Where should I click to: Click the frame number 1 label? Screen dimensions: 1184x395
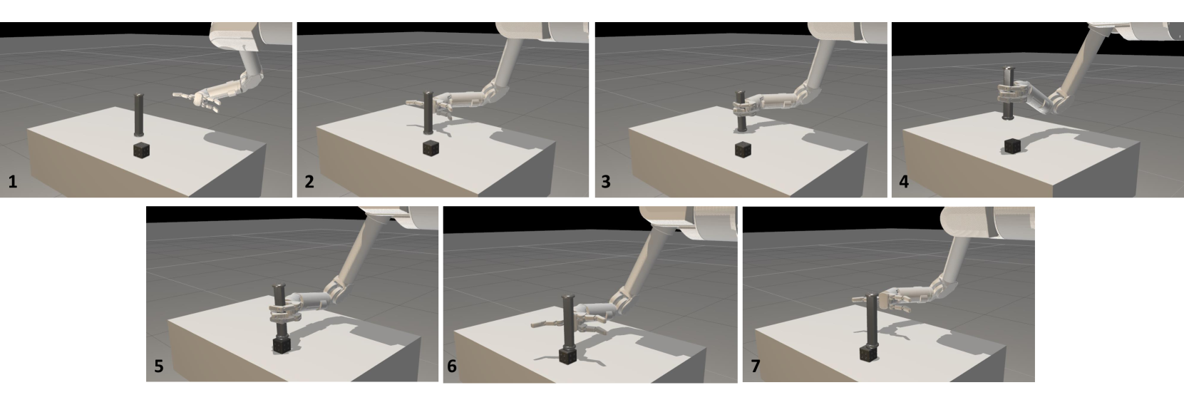click(13, 182)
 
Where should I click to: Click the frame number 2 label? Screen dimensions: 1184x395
click(309, 182)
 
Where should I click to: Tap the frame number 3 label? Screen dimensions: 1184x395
click(606, 182)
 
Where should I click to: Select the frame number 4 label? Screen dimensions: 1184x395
click(904, 182)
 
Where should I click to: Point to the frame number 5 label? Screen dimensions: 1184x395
click(158, 366)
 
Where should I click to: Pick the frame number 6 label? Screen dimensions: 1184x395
click(452, 366)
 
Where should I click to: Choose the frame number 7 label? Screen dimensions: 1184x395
click(756, 366)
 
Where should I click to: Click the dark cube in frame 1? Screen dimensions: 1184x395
click(141, 150)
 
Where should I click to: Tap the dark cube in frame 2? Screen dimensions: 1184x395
click(431, 148)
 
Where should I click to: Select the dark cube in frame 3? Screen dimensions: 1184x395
click(743, 149)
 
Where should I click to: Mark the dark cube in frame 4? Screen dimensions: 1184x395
click(1012, 146)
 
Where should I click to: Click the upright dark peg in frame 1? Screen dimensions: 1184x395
click(139, 115)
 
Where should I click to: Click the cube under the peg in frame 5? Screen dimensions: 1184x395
click(282, 346)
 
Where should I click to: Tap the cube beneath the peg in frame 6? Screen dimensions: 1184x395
click(568, 354)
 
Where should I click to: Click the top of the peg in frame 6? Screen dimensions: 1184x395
click(568, 297)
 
